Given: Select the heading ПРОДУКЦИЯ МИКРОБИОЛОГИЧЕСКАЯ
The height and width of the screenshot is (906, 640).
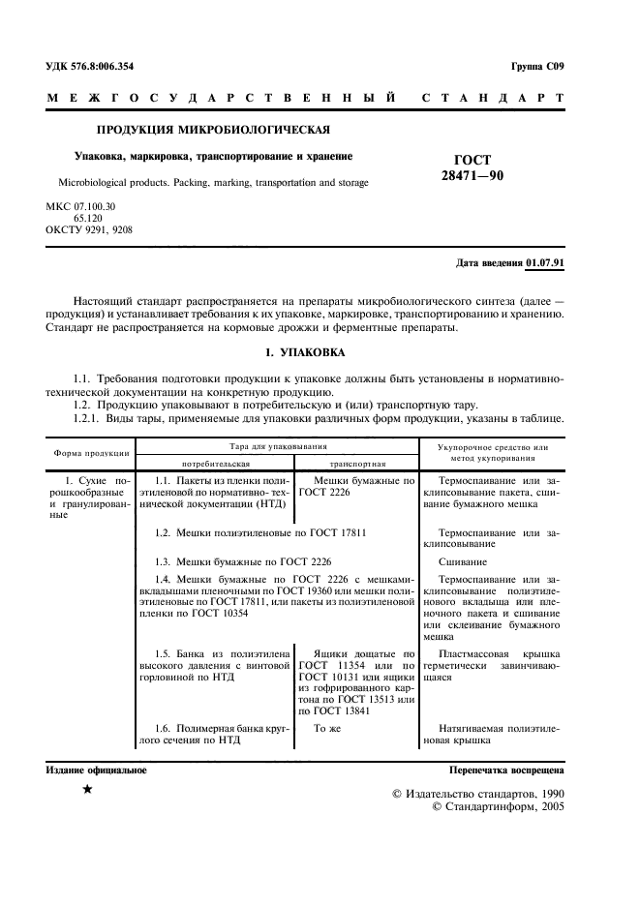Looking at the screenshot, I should tap(213, 129).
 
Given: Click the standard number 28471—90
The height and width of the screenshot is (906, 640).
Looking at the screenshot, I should tap(472, 175).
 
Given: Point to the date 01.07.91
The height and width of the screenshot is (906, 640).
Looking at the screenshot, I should tap(545, 263).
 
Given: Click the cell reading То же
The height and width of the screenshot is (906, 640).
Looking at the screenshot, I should tap(328, 728).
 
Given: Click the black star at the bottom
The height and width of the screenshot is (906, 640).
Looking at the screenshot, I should tap(87, 790).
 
